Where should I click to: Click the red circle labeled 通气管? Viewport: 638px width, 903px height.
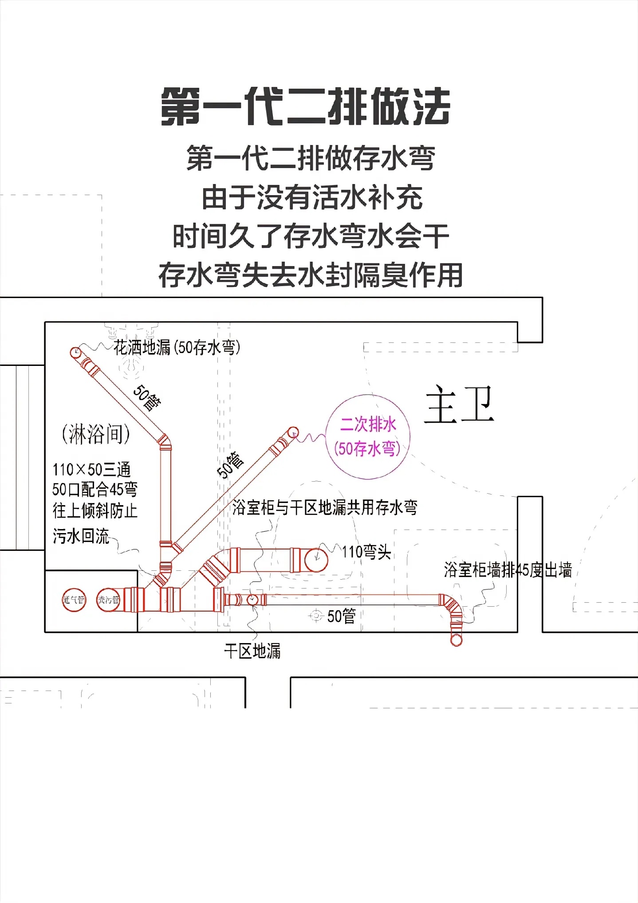point(74,600)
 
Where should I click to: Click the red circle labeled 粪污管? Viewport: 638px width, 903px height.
point(108,600)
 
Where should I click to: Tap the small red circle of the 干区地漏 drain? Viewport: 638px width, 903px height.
point(252,600)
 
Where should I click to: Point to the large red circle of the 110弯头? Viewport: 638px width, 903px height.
point(316,560)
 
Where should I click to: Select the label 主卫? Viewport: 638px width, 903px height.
point(459,404)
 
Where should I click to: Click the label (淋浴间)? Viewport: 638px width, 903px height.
point(96,434)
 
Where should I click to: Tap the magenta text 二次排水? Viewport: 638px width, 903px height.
point(368,424)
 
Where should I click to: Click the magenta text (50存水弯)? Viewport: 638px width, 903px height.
point(367,448)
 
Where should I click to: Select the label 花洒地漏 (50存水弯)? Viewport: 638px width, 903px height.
point(177,347)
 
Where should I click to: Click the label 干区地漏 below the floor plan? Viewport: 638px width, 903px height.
point(252,651)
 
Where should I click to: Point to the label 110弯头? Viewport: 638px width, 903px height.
point(366,552)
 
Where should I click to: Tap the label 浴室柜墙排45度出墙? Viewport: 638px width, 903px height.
point(508,570)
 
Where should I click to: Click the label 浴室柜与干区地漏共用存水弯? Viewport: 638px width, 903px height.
point(325,507)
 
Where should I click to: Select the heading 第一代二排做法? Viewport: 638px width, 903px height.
point(305,106)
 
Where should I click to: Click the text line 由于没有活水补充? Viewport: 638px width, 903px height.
point(312,198)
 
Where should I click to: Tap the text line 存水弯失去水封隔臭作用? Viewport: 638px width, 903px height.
point(311,275)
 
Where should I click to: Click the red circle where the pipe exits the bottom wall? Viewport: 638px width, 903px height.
point(456,640)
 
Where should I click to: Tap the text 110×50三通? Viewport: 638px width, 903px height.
point(91,469)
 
